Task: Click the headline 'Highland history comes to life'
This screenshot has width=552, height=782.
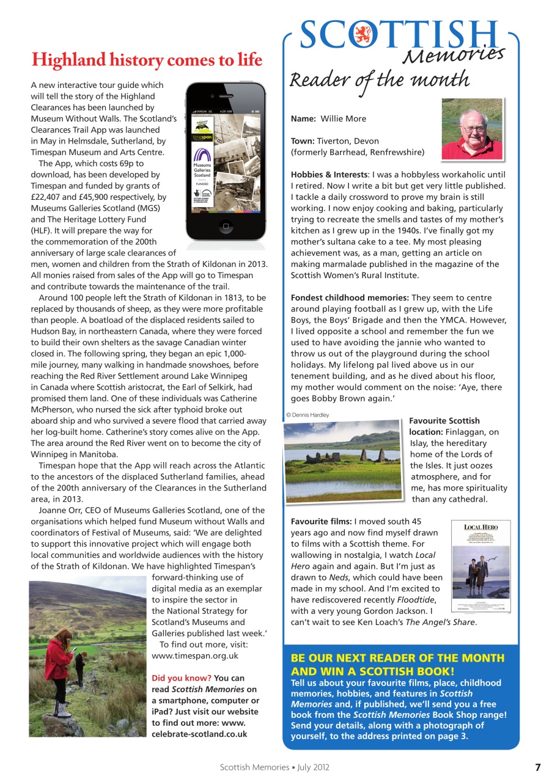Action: click(x=147, y=60)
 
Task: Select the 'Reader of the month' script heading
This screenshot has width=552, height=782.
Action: click(x=379, y=80)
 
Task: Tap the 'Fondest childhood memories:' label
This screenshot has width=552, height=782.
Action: click(x=350, y=298)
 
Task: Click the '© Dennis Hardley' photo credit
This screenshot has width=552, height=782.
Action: click(x=307, y=415)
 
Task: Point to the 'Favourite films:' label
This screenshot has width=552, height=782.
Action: click(x=321, y=521)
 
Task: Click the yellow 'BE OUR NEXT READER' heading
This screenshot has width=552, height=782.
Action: click(x=397, y=664)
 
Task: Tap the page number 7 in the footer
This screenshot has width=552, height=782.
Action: click(x=538, y=767)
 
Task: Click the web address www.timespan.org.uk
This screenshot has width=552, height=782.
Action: click(x=194, y=656)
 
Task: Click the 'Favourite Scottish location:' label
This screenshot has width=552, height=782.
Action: click(x=444, y=426)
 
